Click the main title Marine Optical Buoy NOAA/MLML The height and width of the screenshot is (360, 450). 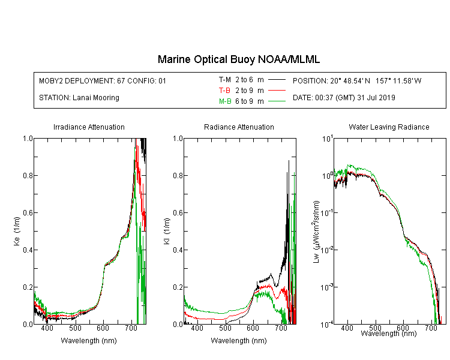[238, 59]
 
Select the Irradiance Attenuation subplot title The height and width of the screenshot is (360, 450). [89, 127]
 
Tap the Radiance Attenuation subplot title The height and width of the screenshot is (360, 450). [239, 127]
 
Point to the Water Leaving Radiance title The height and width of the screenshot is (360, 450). [389, 127]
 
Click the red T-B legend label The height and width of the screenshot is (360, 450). [224, 91]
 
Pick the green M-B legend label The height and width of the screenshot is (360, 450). [225, 101]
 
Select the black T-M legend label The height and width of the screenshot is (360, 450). [225, 80]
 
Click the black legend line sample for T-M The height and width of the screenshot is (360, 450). [277, 80]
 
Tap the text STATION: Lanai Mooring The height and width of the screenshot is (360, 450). [79, 98]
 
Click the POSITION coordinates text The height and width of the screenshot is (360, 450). [357, 80]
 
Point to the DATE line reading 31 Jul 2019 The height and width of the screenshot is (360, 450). [344, 98]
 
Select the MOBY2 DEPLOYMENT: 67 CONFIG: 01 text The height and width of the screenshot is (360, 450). [103, 80]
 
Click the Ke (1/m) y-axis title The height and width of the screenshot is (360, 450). [17, 231]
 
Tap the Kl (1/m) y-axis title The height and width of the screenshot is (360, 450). [167, 231]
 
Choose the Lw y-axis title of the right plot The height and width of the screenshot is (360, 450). [316, 232]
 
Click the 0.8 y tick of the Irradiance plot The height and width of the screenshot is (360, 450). [28, 175]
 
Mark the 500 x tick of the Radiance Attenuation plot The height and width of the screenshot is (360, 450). [225, 328]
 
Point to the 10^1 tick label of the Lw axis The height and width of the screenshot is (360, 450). [328, 139]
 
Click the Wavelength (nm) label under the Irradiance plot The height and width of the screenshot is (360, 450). [89, 341]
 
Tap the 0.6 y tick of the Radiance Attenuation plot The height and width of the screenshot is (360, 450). [178, 213]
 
